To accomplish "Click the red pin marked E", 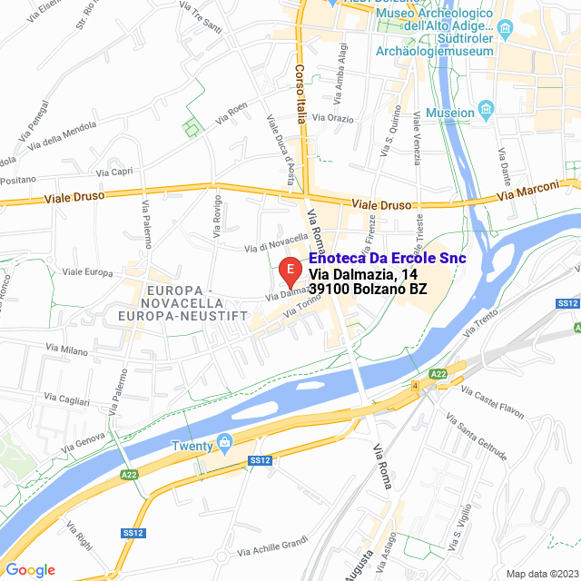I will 289,271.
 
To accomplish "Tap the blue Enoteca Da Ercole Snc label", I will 388,259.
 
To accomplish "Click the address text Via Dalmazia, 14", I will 363,274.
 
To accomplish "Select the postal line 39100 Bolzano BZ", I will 368,290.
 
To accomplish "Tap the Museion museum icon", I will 486,111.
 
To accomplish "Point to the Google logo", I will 30,569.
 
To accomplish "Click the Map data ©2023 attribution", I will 540,573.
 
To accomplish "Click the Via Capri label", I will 114,172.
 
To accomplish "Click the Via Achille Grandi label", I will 272,547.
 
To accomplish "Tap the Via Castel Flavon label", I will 492,404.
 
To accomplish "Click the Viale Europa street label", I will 86,271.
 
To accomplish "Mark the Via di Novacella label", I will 277,243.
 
